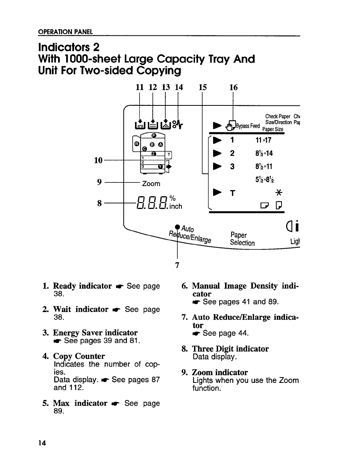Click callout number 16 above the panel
coord(233,87)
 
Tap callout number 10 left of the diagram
coord(98,159)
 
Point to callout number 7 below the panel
coord(177,265)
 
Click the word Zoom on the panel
coord(151,184)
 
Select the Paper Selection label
coord(242,239)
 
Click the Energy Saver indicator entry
coord(95,332)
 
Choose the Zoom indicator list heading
coord(220,372)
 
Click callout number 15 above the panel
coord(203,87)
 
